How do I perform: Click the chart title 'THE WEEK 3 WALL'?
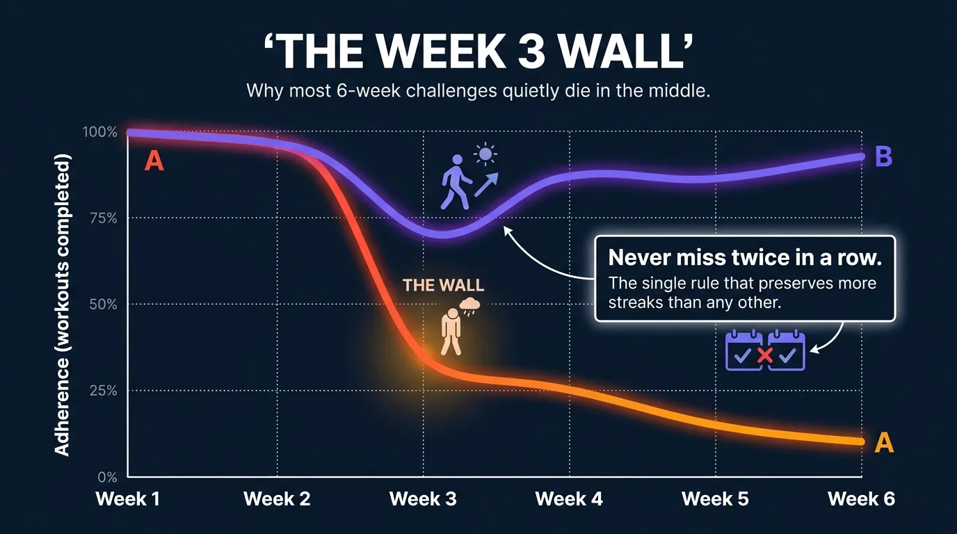(x=478, y=51)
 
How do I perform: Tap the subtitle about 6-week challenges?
(x=478, y=91)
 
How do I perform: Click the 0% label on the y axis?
(x=106, y=478)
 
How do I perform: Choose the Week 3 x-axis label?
(x=423, y=499)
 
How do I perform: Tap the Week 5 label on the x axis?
(x=715, y=499)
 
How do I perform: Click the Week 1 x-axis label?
(x=128, y=499)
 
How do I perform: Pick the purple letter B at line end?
(x=883, y=157)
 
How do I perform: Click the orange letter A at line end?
(x=883, y=442)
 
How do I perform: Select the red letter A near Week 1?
(x=154, y=162)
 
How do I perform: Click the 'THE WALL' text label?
(x=443, y=285)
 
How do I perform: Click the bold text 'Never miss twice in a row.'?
(x=745, y=258)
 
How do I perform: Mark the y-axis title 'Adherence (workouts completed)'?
(x=63, y=306)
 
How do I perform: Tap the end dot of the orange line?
(x=861, y=442)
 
